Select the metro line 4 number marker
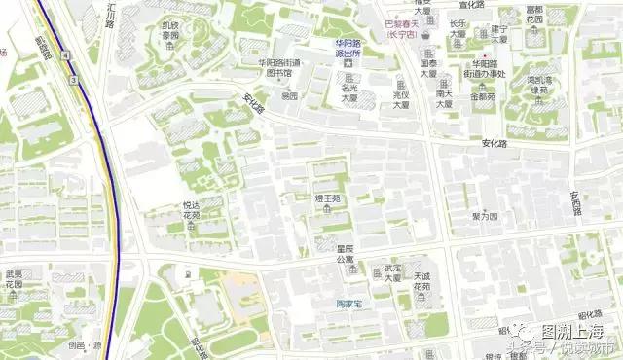63,57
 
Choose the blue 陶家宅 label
344,305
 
